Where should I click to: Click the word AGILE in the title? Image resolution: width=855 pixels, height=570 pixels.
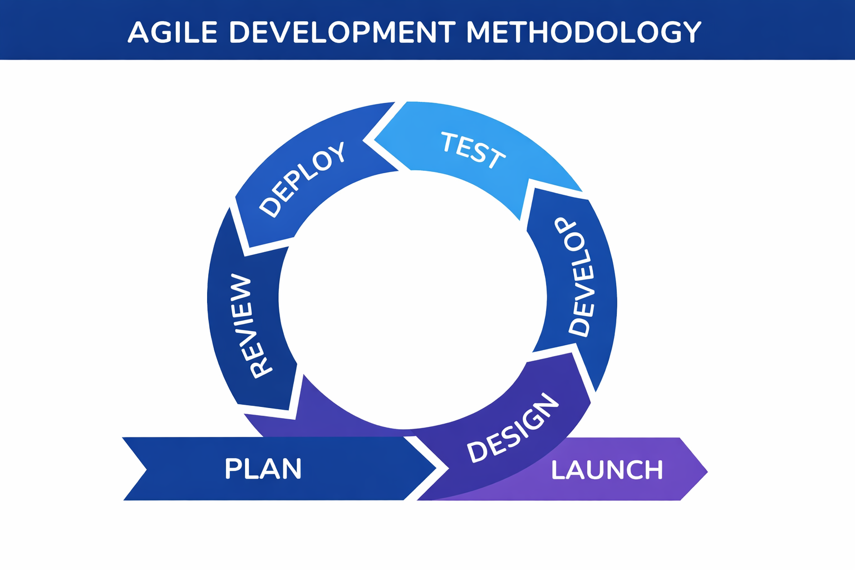pyautogui.click(x=172, y=32)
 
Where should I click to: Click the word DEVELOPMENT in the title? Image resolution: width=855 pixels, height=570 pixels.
pyautogui.click(x=342, y=32)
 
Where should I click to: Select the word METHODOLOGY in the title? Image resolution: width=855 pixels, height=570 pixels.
pyautogui.click(x=583, y=32)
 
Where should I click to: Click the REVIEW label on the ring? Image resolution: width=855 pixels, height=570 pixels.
pyautogui.click(x=247, y=326)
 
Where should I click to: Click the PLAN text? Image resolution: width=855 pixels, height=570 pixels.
pyautogui.click(x=263, y=469)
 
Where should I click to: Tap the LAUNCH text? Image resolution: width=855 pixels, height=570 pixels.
pyautogui.click(x=607, y=470)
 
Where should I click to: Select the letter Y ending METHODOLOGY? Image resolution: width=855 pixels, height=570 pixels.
pyautogui.click(x=692, y=32)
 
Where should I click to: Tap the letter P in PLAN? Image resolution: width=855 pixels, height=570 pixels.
pyautogui.click(x=233, y=469)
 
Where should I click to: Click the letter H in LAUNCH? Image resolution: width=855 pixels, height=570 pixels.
pyautogui.click(x=654, y=470)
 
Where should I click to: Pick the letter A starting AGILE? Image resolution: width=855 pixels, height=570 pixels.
pyautogui.click(x=138, y=32)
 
